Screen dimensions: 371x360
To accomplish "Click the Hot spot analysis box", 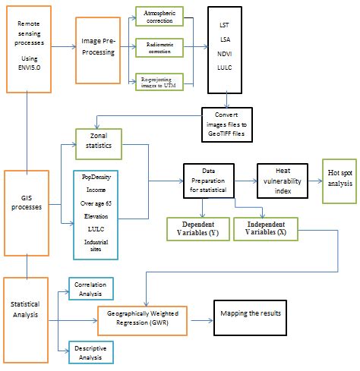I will [x=338, y=181].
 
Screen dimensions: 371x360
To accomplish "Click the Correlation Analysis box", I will [x=91, y=288].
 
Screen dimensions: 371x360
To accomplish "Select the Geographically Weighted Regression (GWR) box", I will [x=144, y=321].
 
